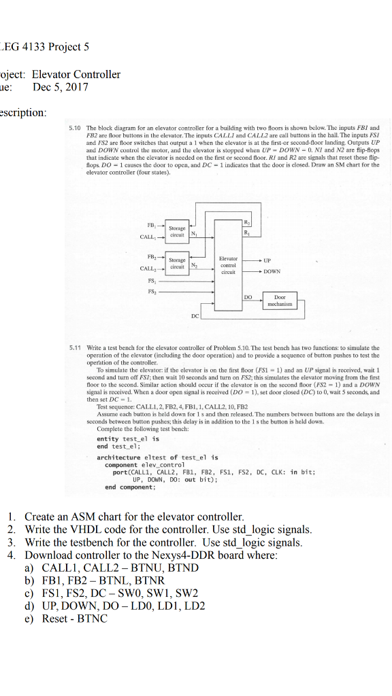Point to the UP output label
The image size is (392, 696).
(266, 260)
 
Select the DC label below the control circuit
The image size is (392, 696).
(195, 316)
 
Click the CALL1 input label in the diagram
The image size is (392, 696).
(148, 237)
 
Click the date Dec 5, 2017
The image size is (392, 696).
(60, 87)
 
